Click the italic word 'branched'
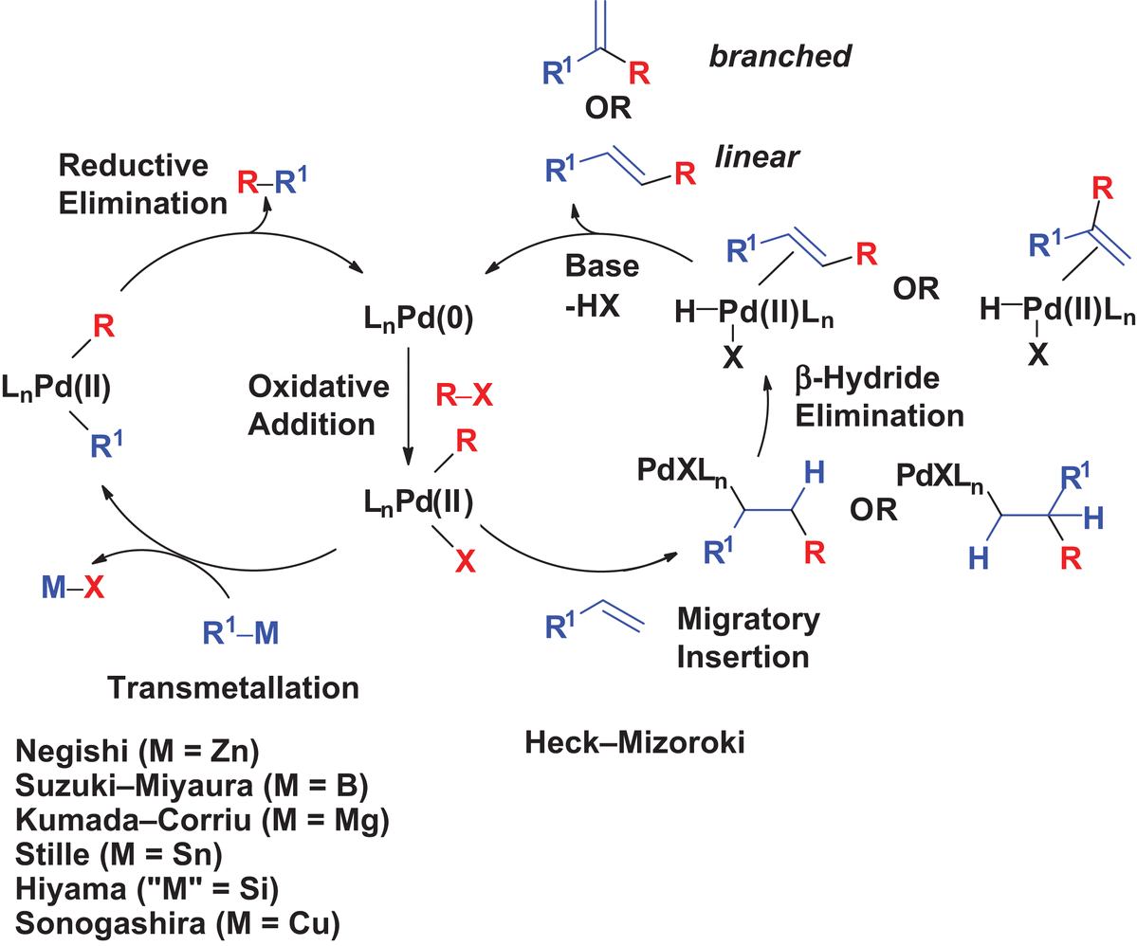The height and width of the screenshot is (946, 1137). [x=780, y=57]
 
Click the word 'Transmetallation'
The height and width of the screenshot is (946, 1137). [x=232, y=687]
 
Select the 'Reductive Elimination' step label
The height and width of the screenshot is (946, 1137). [x=133, y=184]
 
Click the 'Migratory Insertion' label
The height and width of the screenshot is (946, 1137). [x=747, y=638]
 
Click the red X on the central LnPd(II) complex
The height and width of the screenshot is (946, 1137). [x=464, y=562]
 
